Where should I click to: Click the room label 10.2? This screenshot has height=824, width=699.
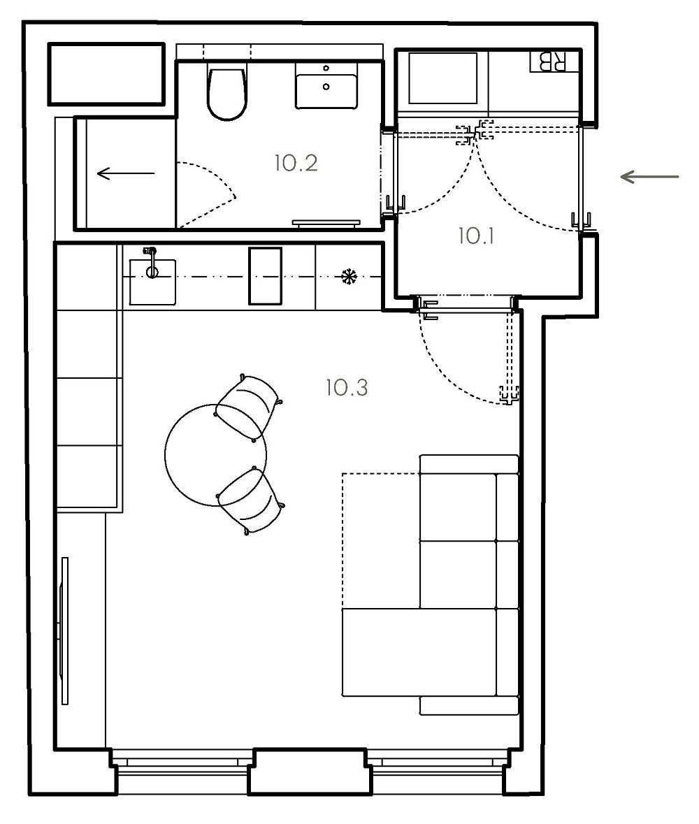pos(296,163)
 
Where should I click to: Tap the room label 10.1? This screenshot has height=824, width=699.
pos(475,236)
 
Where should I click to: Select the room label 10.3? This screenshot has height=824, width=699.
pos(347,388)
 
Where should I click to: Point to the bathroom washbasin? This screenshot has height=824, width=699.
pos(326,85)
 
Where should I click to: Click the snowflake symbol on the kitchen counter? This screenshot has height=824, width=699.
pos(347,277)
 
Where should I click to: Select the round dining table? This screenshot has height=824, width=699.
pos(215,455)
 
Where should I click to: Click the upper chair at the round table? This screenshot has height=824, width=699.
pos(248,406)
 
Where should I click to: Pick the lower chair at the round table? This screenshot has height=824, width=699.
pos(250,500)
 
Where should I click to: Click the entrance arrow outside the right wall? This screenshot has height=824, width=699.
pos(649,177)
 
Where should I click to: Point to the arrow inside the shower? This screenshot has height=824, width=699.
pos(126,173)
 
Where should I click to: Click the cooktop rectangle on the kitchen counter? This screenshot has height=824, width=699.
pos(265,277)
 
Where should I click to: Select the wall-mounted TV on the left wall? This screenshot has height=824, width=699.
pos(64,630)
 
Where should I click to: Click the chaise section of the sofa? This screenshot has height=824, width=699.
pos(419,652)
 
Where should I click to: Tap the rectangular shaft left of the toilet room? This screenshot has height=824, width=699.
pos(106,73)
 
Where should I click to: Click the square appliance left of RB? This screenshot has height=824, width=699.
pos(442,78)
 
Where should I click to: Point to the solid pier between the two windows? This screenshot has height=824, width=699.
pos(307,772)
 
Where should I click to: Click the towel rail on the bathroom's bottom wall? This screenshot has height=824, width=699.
pos(326,224)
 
